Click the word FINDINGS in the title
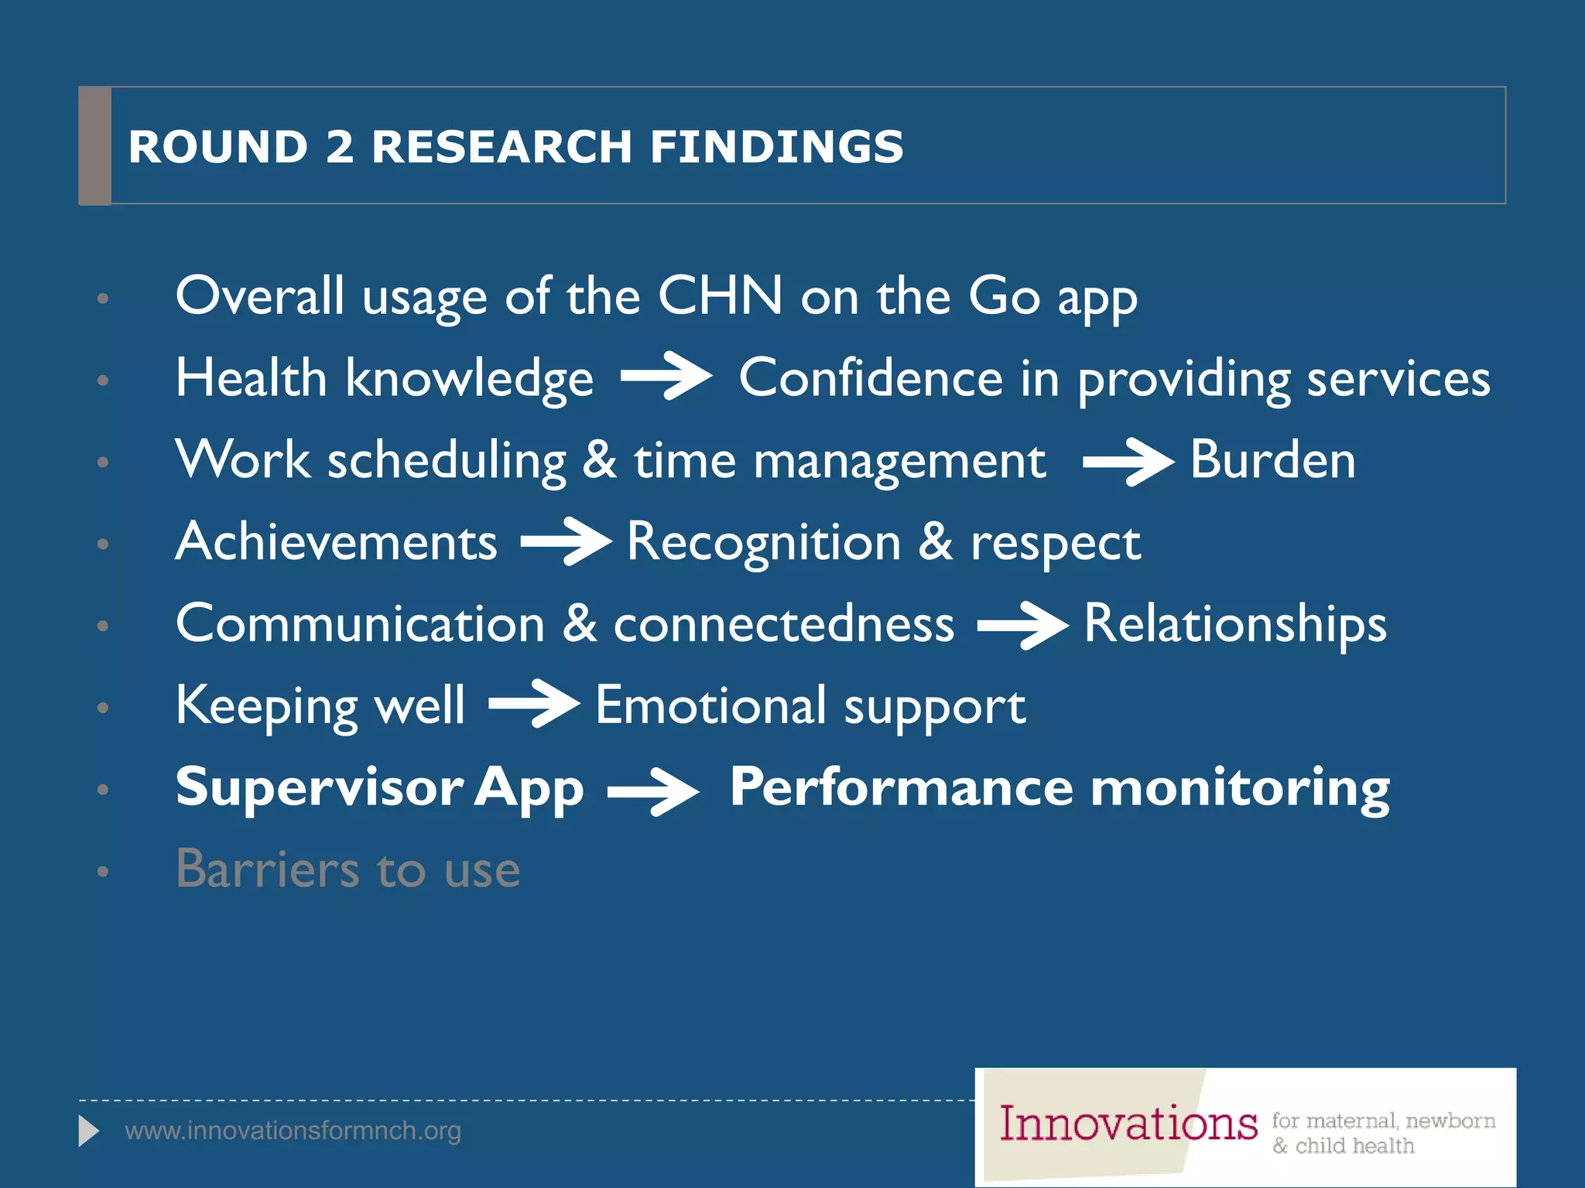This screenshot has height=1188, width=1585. [x=776, y=146]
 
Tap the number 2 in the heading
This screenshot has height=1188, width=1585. [x=340, y=146]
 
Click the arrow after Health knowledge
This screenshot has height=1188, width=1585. [x=666, y=376]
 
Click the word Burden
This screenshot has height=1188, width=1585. [x=1272, y=459]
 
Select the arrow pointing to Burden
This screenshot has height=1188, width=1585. [x=1128, y=462]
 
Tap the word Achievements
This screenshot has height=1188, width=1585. [x=337, y=541]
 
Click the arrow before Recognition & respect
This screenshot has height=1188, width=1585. [x=566, y=541]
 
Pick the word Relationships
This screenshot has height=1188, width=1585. [x=1235, y=623]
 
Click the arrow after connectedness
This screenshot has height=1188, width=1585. [x=1022, y=625]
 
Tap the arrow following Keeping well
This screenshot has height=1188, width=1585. [x=534, y=704]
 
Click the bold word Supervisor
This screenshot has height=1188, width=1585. [x=320, y=787]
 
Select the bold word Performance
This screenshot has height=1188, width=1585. [x=902, y=787]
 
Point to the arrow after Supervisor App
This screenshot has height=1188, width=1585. [x=653, y=791]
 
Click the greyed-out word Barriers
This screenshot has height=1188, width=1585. [x=268, y=869]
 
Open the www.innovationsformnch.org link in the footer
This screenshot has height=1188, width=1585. [x=293, y=1131]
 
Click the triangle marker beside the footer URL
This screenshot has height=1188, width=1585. [x=89, y=1131]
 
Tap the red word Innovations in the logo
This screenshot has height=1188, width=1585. [x=1128, y=1124]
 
